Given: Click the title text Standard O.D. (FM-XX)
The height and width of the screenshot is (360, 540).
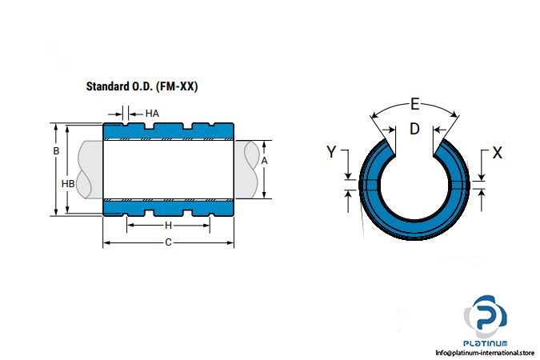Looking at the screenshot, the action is pyautogui.click(x=142, y=86).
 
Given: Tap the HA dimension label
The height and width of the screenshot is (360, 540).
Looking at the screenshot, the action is pyautogui.click(x=152, y=114).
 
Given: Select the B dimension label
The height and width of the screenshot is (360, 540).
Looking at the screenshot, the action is pyautogui.click(x=56, y=151).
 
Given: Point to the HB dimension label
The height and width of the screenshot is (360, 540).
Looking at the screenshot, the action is pyautogui.click(x=68, y=184).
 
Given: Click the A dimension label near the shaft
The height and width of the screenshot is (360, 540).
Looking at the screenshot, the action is pyautogui.click(x=264, y=161).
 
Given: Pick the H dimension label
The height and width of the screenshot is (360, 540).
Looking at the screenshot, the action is pyautogui.click(x=168, y=226).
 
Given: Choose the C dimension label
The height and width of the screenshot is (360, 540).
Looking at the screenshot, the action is pyautogui.click(x=168, y=242).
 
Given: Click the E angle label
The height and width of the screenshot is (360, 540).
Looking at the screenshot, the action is pyautogui.click(x=415, y=104).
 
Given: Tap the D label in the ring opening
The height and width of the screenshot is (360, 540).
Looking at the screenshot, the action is pyautogui.click(x=414, y=129).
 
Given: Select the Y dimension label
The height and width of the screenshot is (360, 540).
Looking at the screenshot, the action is pyautogui.click(x=331, y=152).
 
